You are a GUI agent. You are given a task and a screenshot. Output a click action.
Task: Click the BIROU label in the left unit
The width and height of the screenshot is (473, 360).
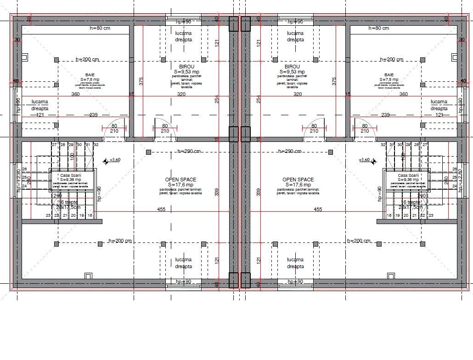coord(183,67)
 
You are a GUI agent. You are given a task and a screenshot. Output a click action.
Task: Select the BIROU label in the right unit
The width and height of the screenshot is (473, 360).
coord(292,67)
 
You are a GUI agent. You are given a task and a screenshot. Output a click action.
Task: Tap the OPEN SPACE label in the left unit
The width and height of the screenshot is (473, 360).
coord(180,180)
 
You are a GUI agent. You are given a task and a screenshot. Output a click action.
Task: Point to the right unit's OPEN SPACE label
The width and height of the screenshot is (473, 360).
coord(298,180)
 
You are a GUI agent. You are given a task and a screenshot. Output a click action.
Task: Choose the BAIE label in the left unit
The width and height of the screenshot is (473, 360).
coord(90,74)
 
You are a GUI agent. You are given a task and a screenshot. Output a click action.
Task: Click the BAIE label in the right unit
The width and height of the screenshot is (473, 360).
coord(389,74)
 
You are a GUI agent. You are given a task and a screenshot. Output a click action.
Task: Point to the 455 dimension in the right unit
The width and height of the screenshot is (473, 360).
coord(317,209)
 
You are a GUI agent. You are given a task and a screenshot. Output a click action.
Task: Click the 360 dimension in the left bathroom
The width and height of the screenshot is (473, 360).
coord(75,94)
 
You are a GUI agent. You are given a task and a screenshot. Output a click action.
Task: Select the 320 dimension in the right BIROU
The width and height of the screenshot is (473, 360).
coord(298,94)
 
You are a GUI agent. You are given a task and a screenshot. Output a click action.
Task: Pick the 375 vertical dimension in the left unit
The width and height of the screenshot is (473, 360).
coord(141,81)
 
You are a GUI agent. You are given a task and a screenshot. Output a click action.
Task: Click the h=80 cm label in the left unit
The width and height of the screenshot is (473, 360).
coord(100,28)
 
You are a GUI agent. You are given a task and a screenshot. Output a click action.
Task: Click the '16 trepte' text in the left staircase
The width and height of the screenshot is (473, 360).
coord(68,202)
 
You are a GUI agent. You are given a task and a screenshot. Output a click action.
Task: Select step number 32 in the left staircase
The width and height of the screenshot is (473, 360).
coord(96,145)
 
